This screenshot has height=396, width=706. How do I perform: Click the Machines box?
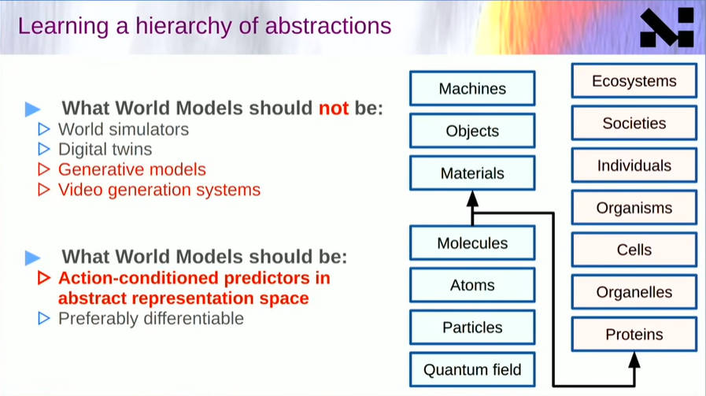coord(472,88)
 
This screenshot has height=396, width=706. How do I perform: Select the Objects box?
coord(472,131)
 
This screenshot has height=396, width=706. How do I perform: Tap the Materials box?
coord(472,173)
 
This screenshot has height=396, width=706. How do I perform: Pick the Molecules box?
coord(472,242)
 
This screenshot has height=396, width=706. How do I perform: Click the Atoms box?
coord(472,285)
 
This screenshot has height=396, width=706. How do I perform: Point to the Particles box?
coord(472,328)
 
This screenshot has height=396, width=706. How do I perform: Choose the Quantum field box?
coord(472,370)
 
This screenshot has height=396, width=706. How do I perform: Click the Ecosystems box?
coord(634,81)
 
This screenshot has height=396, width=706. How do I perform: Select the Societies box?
coord(634,124)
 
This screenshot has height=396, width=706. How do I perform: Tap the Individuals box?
coord(634,166)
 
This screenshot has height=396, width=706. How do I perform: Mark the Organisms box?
coord(634,208)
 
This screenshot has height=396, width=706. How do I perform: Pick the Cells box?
coord(634,250)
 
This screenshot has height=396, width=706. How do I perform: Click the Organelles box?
coord(634,292)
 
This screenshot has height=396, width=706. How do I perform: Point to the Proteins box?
coord(634,335)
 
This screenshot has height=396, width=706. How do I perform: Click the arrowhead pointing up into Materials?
coord(472,198)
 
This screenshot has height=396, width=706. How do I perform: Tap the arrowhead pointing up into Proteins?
coord(634,361)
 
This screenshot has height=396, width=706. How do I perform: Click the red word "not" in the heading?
coord(334,108)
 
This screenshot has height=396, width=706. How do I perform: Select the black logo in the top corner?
coord(667,28)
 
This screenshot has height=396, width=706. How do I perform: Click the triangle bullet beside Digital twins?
coord(44,149)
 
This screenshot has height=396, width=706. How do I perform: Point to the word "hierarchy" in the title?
coord(183,26)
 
